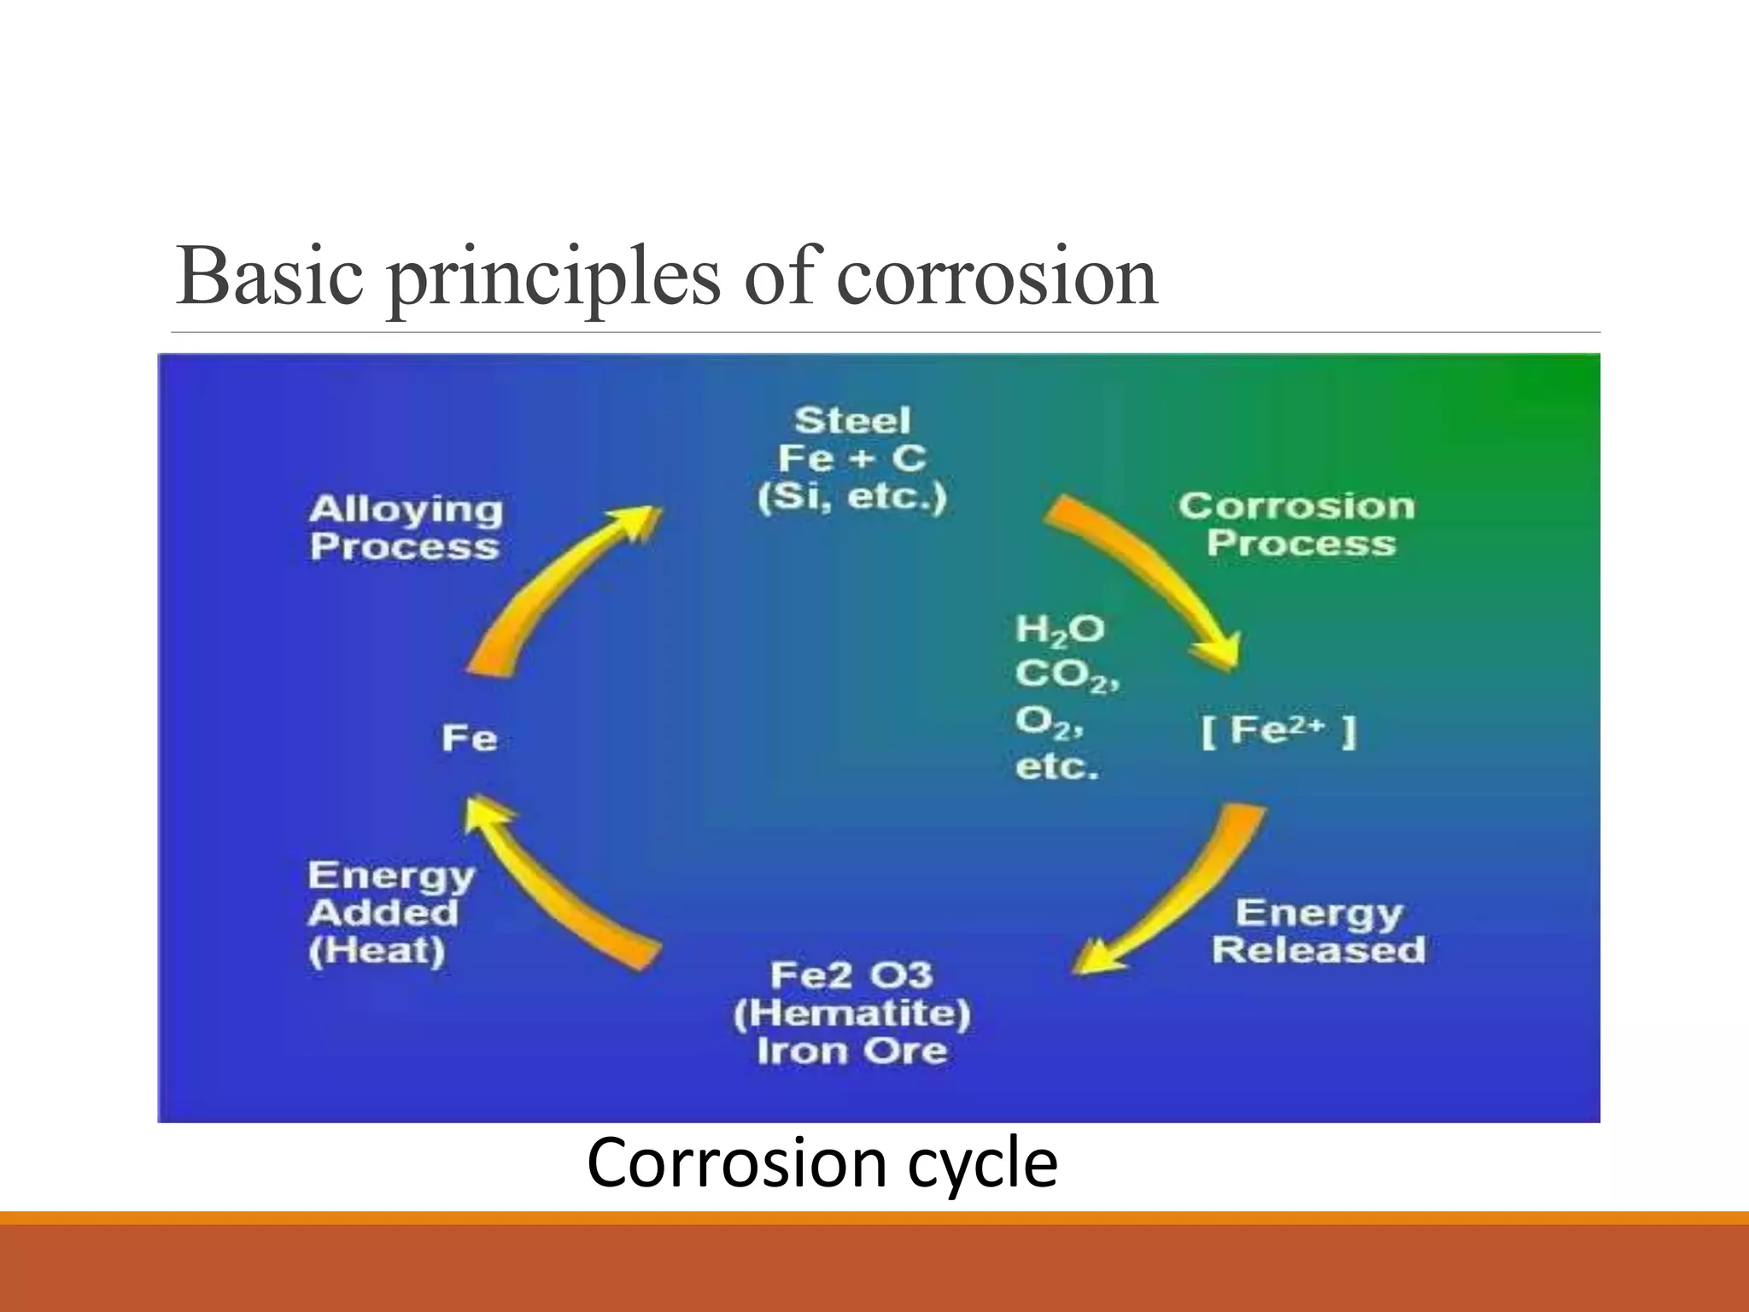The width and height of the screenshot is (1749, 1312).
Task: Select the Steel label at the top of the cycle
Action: pos(852,421)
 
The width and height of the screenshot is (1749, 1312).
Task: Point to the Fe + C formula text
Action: pos(852,460)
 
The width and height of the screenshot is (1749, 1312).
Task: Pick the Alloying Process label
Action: pos(406,528)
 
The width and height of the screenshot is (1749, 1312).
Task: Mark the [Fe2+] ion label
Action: pos(1278,731)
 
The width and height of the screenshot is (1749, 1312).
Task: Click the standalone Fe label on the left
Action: pos(470,738)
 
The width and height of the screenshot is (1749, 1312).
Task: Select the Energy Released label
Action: pos(1319,931)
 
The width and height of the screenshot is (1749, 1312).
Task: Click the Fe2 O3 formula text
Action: pos(851,975)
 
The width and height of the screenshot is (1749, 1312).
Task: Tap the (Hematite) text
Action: pos(852,1014)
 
